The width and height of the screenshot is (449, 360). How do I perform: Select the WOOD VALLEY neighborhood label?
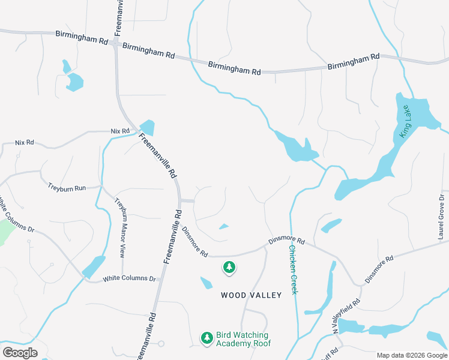(251, 295)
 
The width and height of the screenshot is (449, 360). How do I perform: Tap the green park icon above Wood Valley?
(229, 268)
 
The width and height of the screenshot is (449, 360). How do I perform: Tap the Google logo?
(20, 352)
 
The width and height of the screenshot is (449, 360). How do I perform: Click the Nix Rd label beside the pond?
(120, 131)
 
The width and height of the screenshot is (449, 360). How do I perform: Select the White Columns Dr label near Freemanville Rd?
(129, 278)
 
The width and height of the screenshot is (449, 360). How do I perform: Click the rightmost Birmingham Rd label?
(354, 61)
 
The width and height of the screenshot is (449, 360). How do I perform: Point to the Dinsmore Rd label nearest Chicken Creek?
(286, 241)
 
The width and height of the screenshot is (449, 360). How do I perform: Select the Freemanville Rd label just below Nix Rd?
(157, 155)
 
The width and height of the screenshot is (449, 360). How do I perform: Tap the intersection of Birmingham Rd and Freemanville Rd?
(115, 44)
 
